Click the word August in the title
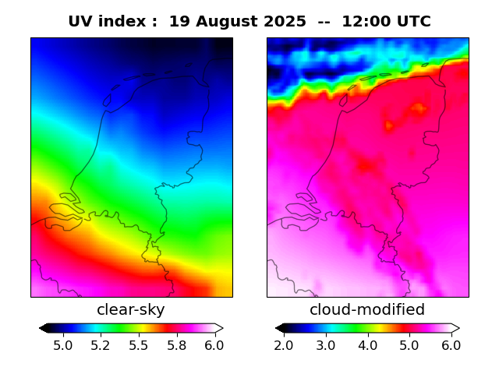tap(232, 22)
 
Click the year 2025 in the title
tap(285, 22)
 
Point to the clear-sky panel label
tap(131, 310)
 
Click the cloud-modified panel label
tap(367, 310)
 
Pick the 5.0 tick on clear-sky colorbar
tap(63, 344)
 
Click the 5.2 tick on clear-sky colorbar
tap(101, 344)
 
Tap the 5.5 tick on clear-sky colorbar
tap(139, 344)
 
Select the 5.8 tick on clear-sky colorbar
tap(176, 344)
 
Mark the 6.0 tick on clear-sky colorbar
tap(214, 344)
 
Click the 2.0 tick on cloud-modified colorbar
tap(284, 344)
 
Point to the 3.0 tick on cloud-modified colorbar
tap(325, 344)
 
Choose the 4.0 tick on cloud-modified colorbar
tap(367, 344)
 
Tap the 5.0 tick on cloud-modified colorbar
tap(409, 344)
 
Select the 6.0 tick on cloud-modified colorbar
tap(451, 344)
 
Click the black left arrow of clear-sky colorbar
tap(44, 328)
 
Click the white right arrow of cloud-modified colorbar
tap(455, 328)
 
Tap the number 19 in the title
tap(179, 22)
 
